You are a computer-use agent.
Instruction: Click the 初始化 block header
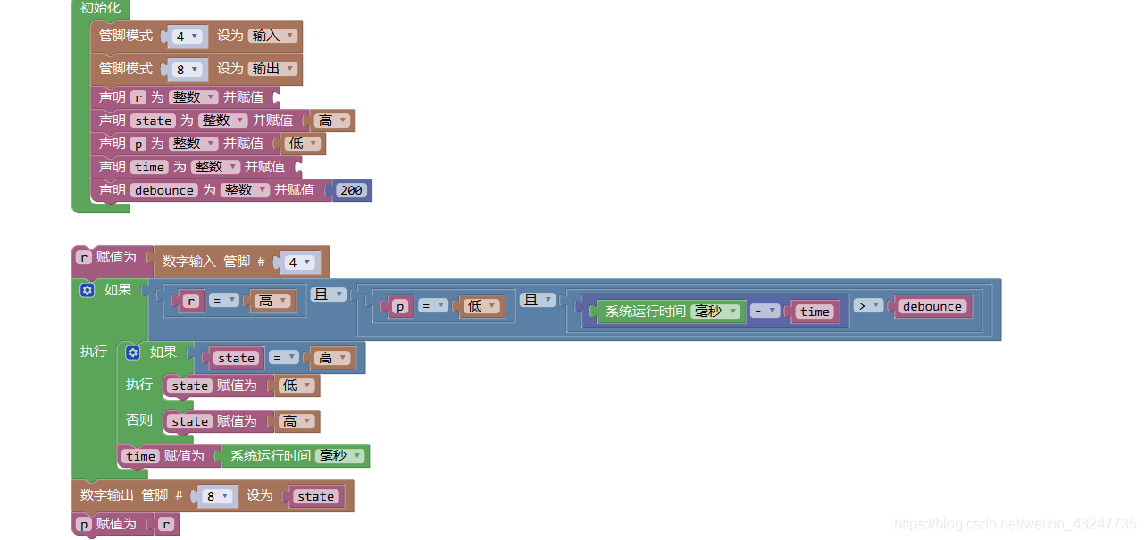pos(100,8)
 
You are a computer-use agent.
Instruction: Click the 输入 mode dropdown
pos(272,37)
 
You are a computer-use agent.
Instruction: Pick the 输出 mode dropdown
pos(272,69)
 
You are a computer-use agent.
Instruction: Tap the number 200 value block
pos(351,190)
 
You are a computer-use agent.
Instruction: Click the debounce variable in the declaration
pos(164,190)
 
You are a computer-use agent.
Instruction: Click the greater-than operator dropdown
pos(867,306)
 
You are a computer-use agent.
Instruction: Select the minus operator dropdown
pos(765,312)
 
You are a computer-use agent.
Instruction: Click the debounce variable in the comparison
pos(932,306)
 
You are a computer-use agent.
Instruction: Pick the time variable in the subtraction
pos(814,312)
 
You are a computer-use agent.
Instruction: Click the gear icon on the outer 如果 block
pos(87,290)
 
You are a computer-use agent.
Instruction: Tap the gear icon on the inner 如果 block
pos(132,353)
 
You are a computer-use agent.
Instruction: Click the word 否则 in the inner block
pos(139,420)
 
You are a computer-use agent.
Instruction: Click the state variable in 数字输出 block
pos(315,497)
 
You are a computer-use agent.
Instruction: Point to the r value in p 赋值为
pos(166,525)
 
